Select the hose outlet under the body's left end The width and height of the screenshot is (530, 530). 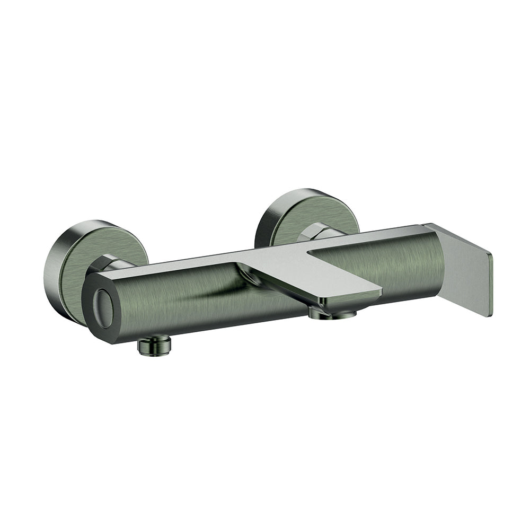(154, 346)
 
